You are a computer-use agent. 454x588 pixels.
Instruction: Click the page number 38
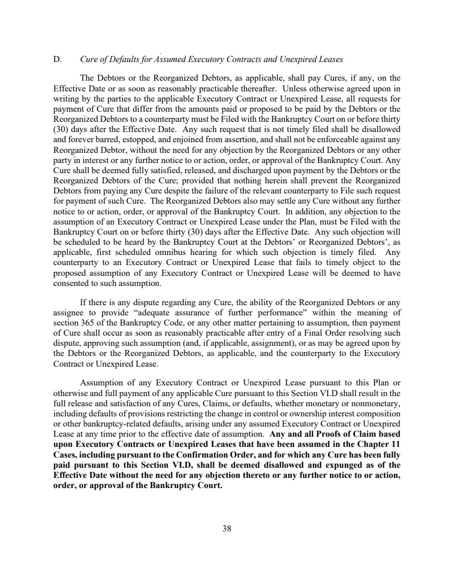pyautogui.click(x=227, y=529)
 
